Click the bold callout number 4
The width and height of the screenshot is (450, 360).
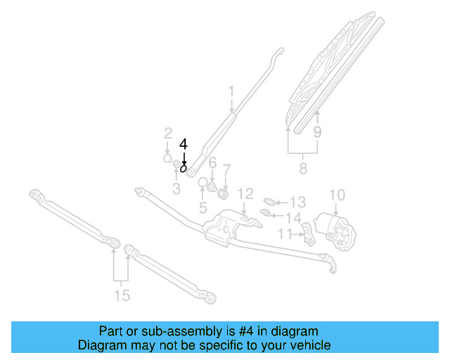coord(184,143)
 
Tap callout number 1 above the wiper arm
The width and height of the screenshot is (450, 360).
coord(231,91)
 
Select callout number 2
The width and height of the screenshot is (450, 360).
coord(168,134)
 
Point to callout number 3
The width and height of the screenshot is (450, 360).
coord(176,188)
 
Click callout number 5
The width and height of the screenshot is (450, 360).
coord(202,207)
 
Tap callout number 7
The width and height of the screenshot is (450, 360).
coord(226,169)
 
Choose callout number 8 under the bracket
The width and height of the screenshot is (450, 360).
coord(303,169)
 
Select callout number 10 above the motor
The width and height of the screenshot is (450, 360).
coord(337,194)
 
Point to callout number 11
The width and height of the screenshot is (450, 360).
coord(285,233)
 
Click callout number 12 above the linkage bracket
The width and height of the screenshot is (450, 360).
coord(244,193)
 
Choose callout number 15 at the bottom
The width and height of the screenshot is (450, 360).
coord(122,295)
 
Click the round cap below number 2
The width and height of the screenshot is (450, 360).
coord(167,158)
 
